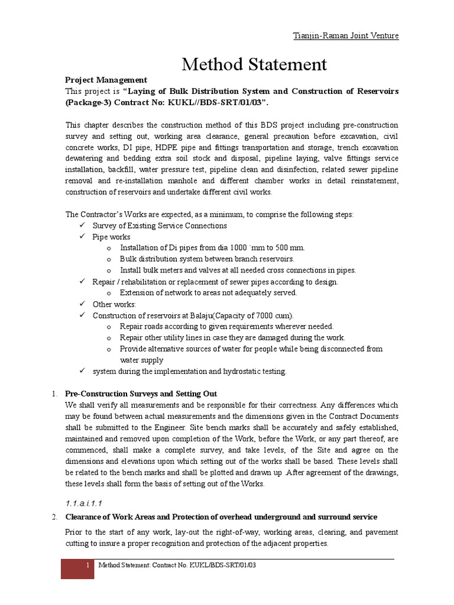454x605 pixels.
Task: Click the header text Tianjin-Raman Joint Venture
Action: tap(346, 36)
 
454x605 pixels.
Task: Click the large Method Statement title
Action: tap(254, 64)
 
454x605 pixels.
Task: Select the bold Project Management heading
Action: tap(106, 80)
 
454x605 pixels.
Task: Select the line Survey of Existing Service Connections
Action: tap(160, 226)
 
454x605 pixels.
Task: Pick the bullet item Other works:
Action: tap(114, 304)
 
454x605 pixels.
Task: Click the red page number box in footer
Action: tap(78, 568)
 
